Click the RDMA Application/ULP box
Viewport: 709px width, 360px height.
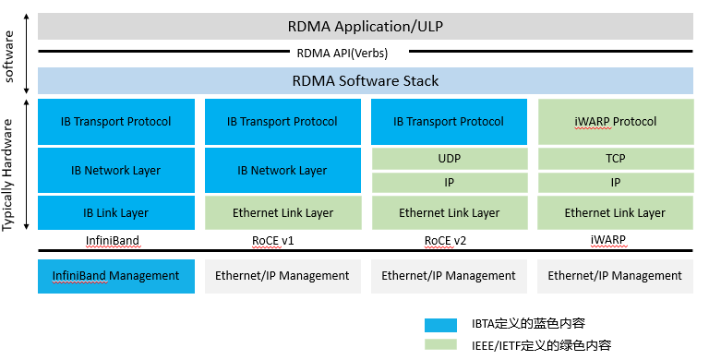click(366, 25)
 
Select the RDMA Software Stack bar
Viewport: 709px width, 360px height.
click(366, 81)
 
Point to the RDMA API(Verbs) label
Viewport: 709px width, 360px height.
click(366, 54)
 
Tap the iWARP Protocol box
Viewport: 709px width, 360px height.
click(615, 122)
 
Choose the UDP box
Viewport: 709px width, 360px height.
click(449, 159)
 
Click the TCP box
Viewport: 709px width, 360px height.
click(615, 159)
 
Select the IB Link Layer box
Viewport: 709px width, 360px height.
click(116, 213)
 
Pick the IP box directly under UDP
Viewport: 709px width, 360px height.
click(449, 183)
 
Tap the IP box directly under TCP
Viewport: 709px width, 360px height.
click(615, 183)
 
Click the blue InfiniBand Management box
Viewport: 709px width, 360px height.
click(116, 276)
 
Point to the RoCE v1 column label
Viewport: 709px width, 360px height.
click(282, 240)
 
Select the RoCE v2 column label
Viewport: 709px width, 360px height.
click(449, 240)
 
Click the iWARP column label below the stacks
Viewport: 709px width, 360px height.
click(615, 240)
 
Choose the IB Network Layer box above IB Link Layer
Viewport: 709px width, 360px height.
click(116, 170)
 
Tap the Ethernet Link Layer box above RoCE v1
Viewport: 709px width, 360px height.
click(282, 213)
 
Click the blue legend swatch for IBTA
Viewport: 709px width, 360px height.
click(440, 324)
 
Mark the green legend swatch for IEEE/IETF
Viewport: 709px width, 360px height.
click(440, 344)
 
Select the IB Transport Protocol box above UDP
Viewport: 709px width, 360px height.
click(449, 122)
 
